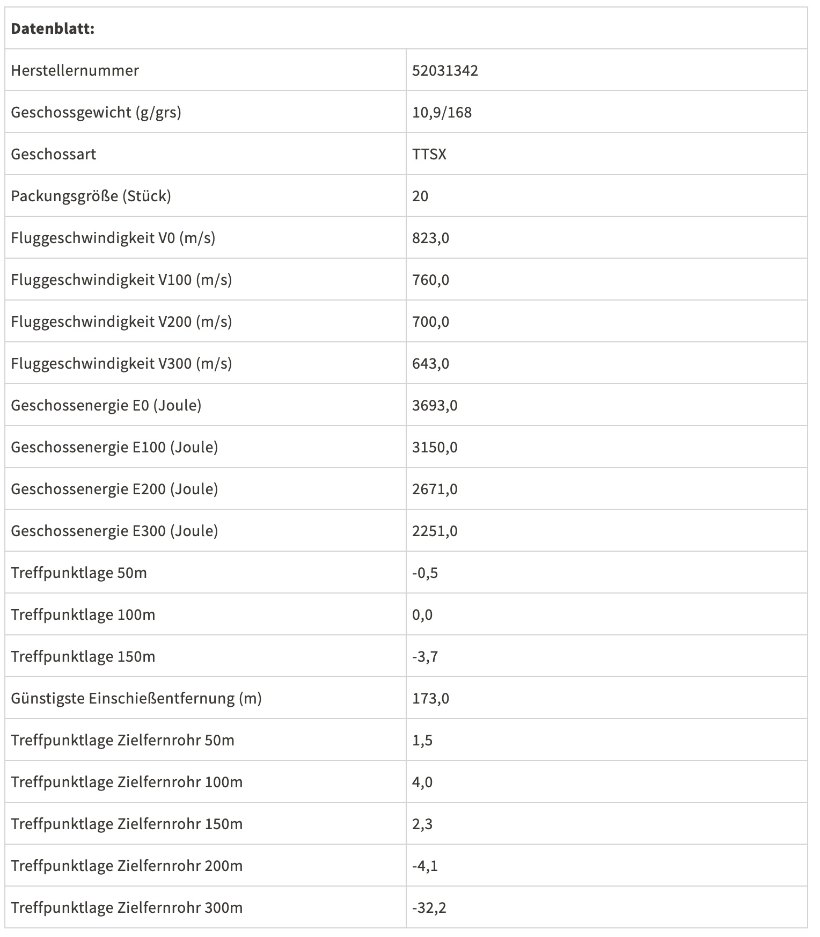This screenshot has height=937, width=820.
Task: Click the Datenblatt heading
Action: coord(53,28)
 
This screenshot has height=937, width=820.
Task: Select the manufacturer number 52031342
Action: coord(445,70)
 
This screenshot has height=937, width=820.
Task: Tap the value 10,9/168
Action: coord(442,112)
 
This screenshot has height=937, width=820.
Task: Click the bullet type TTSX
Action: coord(429,154)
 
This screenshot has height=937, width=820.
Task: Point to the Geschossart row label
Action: coord(54,154)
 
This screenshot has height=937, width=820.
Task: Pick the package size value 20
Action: coord(420,196)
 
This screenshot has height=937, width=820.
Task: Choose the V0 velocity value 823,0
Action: coord(430,238)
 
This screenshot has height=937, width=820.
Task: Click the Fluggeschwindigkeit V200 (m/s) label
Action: coord(121,321)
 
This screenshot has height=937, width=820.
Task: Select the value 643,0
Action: coord(430,363)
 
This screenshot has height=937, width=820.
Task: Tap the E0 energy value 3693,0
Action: coord(435,405)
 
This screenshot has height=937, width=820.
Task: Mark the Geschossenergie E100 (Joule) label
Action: coord(114,447)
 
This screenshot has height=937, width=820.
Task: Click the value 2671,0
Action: coord(435,489)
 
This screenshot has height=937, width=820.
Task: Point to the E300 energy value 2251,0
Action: coord(435,531)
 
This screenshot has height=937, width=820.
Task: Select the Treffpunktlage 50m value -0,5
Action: coord(425,573)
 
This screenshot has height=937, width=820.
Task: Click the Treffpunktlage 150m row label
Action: coord(83,656)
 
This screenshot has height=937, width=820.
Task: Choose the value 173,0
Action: coord(430,698)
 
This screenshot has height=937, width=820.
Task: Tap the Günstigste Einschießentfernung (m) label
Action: coord(136,698)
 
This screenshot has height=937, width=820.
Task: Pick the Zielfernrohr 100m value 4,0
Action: coord(422,782)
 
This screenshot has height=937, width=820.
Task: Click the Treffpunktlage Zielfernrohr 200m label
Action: coord(127,866)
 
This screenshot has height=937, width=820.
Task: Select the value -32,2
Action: coord(429,907)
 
